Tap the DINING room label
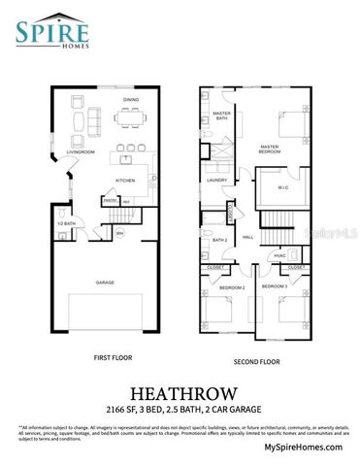130,100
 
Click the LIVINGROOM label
85,152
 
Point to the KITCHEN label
126,181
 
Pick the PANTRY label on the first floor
111,201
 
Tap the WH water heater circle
119,233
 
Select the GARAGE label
105,283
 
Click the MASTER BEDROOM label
269,150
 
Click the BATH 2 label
219,240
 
